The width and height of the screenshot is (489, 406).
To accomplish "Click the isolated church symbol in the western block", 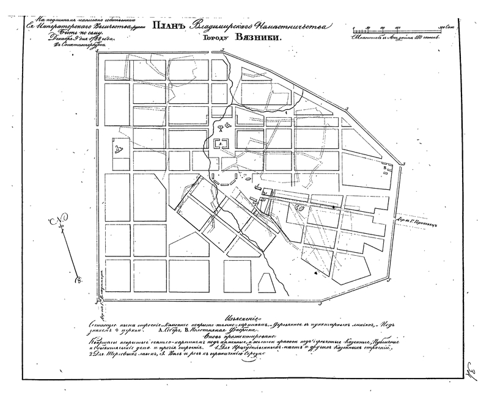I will point(117,148).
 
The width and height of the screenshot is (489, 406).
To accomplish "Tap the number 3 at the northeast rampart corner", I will point(347,107).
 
